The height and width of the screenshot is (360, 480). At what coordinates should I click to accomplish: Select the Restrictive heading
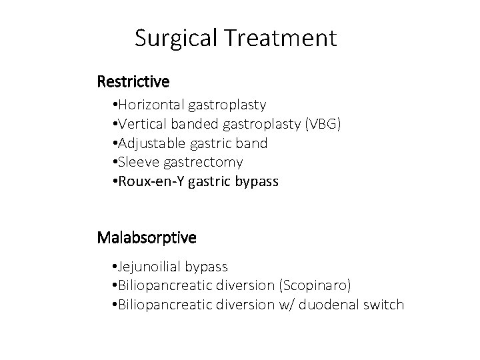pos(133,82)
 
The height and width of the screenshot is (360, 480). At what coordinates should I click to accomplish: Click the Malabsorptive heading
pos(147,237)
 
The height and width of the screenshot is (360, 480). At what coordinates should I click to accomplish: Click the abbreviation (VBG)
pos(323,124)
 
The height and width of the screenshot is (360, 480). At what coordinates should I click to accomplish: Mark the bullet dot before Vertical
pos(115,124)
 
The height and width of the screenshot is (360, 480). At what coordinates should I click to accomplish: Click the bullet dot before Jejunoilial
pos(115,267)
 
